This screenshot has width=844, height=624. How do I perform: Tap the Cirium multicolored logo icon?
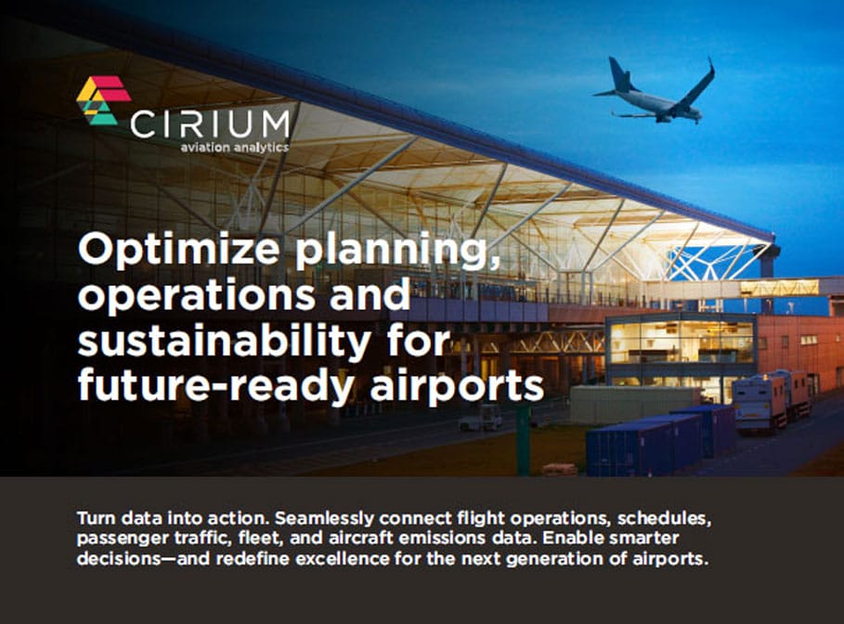click(x=103, y=100)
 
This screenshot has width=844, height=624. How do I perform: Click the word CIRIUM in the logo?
click(x=210, y=124)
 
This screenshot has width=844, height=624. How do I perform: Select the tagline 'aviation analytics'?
click(x=235, y=147)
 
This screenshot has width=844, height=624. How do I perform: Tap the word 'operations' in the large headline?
click(x=197, y=295)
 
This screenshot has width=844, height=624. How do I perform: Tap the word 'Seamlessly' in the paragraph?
click(x=325, y=518)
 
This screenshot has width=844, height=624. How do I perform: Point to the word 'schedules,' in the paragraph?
click(x=665, y=519)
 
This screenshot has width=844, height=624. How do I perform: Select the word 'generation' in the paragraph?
click(x=555, y=559)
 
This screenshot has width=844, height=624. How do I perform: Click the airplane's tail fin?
click(x=619, y=73)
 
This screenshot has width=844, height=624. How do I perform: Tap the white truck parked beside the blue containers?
click(x=772, y=400)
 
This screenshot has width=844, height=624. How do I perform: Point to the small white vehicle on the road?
click(x=481, y=419)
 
